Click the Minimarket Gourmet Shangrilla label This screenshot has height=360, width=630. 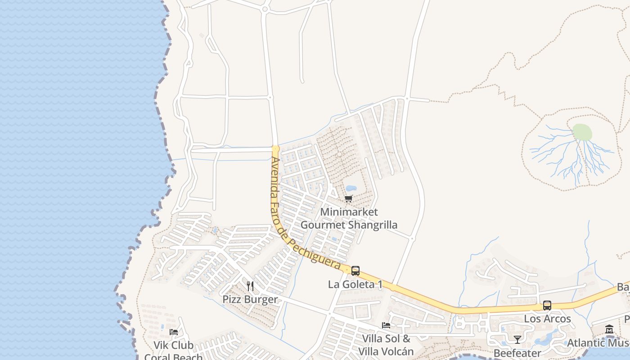(349, 218)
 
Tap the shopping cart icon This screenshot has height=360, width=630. (349, 198)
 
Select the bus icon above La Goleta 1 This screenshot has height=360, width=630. (355, 271)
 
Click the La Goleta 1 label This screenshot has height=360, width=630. (355, 284)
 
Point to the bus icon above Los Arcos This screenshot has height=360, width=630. (547, 306)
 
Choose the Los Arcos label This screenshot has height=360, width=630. (547, 319)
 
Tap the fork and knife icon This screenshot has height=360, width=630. (250, 286)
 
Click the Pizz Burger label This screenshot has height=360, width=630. (250, 299)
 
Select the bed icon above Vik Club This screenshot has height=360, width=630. (174, 332)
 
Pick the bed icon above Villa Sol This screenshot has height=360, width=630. (386, 325)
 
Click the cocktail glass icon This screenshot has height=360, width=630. (517, 339)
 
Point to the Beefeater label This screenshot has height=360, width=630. (517, 353)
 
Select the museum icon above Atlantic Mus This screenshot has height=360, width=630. (609, 329)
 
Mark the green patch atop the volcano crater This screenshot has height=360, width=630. (582, 132)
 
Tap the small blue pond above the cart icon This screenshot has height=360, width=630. (351, 188)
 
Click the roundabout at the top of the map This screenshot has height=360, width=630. (265, 9)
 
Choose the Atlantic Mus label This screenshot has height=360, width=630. (598, 343)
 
